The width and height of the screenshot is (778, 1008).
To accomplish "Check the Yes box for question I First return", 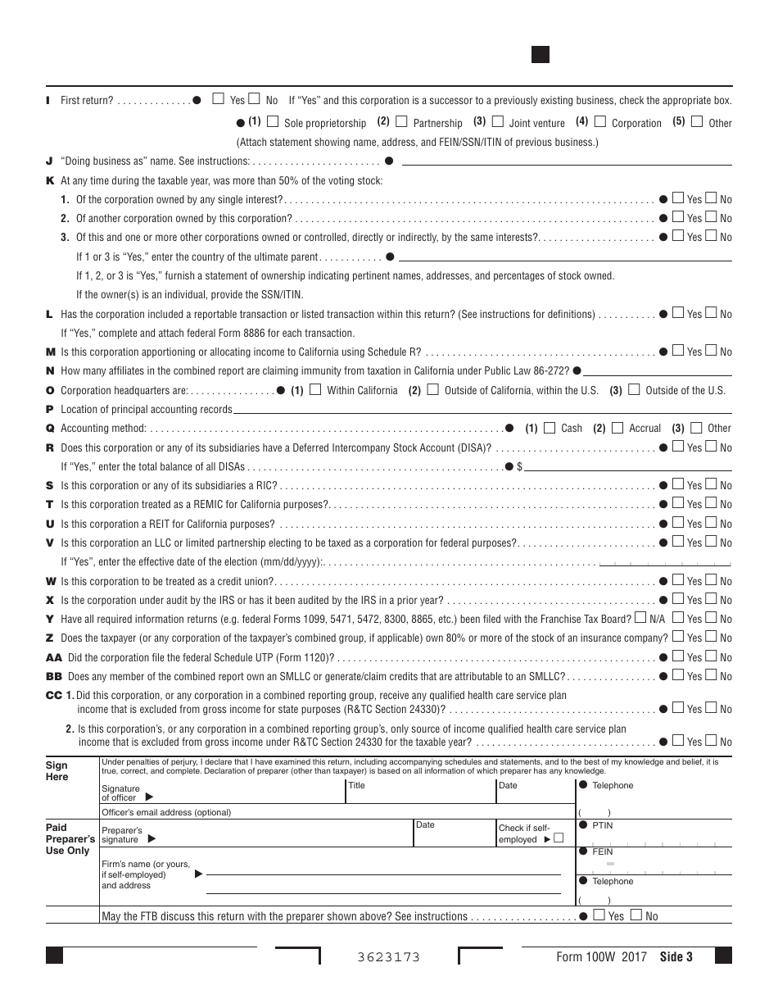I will pos(218,99).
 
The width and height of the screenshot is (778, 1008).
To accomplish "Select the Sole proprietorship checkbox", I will pos(274,122).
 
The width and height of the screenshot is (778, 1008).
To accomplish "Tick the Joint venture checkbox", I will pos(498,122).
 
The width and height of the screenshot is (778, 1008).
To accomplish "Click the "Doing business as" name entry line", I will pos(565,161).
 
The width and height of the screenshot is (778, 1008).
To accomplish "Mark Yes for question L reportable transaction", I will pos(678,313).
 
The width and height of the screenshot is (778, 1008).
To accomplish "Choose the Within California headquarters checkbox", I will pos(316,390).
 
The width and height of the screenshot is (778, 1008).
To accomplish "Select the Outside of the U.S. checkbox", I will pos(635,390).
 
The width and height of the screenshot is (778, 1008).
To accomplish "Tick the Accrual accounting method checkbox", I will pos(617,428).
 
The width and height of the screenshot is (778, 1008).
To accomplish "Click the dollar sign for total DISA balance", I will pos(519,466).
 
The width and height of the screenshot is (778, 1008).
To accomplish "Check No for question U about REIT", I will pos(711,523).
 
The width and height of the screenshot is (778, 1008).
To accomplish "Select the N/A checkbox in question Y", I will pos(640,619).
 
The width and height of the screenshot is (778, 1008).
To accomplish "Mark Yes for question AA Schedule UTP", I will pos(678,656).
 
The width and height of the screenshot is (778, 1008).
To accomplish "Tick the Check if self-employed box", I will pos(559,838).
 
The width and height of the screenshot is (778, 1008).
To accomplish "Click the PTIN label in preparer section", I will pos(602,825).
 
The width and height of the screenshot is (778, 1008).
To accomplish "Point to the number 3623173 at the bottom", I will pos(389,957).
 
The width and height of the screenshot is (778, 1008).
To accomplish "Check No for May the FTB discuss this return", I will pos(636,915).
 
